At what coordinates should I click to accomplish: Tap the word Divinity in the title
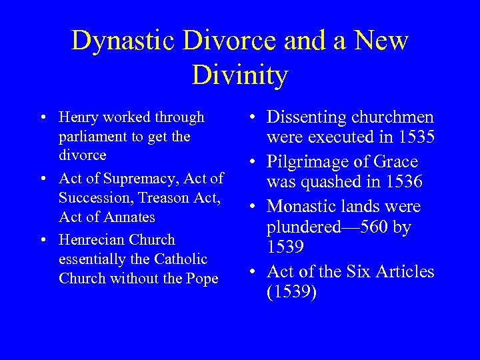[239, 75]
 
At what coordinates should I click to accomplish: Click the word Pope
[203, 279]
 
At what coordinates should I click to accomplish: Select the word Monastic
[304, 206]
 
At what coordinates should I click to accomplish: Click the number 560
[372, 227]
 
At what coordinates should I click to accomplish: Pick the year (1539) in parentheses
[291, 292]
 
